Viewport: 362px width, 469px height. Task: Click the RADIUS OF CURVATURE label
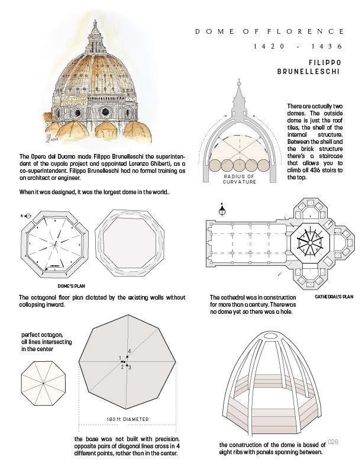tap(240, 179)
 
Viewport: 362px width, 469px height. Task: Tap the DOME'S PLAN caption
tap(71, 285)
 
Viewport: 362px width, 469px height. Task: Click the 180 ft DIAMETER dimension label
tap(127, 419)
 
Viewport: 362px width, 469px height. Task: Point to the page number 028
tap(332, 441)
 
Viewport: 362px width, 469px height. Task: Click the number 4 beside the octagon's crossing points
tap(129, 352)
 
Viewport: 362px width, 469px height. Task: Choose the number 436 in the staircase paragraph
tap(314, 170)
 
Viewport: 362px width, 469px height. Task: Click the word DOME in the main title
tap(212, 31)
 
